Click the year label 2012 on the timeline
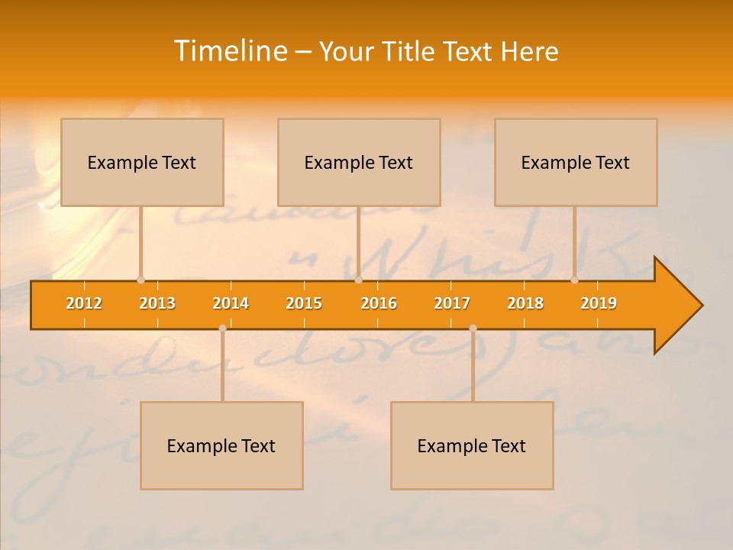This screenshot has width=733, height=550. (x=84, y=303)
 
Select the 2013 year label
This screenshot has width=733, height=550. (x=157, y=303)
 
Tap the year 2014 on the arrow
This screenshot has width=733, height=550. (x=231, y=303)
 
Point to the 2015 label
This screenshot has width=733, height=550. (x=304, y=303)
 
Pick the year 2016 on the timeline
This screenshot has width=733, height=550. (x=379, y=303)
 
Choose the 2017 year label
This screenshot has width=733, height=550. (x=452, y=303)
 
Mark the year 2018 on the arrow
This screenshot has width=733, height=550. (x=525, y=303)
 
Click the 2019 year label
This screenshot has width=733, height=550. (x=599, y=303)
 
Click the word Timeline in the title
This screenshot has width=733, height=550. (x=230, y=51)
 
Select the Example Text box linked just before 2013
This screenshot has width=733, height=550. (x=142, y=162)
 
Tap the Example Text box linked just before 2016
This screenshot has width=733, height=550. (x=359, y=162)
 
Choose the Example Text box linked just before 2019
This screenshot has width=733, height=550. (x=576, y=162)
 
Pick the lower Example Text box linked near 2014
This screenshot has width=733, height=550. (x=221, y=445)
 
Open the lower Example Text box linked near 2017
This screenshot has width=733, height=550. (x=472, y=445)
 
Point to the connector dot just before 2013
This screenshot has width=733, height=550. (x=140, y=280)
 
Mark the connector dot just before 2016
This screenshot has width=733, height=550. (x=358, y=280)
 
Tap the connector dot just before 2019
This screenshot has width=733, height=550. (x=574, y=280)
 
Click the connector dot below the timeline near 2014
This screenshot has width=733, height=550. (x=222, y=328)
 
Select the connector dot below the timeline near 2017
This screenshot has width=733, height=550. (x=473, y=328)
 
